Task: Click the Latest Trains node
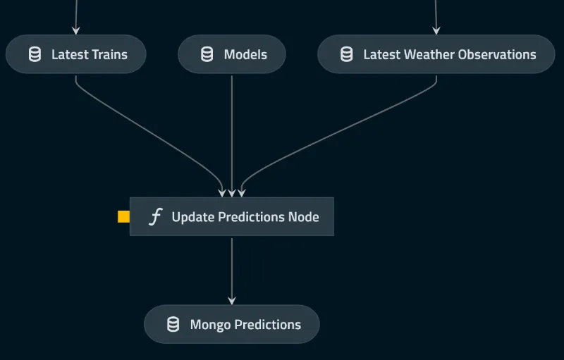(75, 54)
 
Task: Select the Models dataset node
(231, 54)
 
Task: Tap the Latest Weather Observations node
(436, 54)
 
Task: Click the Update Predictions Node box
(231, 217)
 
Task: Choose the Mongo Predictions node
(231, 324)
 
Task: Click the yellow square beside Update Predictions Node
(123, 217)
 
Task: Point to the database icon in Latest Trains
(35, 54)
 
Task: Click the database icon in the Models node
(207, 54)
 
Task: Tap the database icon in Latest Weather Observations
(346, 54)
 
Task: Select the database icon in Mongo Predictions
(173, 324)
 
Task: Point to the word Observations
(497, 54)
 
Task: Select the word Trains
(109, 54)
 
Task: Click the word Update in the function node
(192, 218)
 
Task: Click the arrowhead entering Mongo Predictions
(231, 300)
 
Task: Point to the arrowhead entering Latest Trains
(75, 30)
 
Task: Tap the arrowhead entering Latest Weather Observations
(436, 30)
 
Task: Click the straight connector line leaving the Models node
(231, 127)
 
